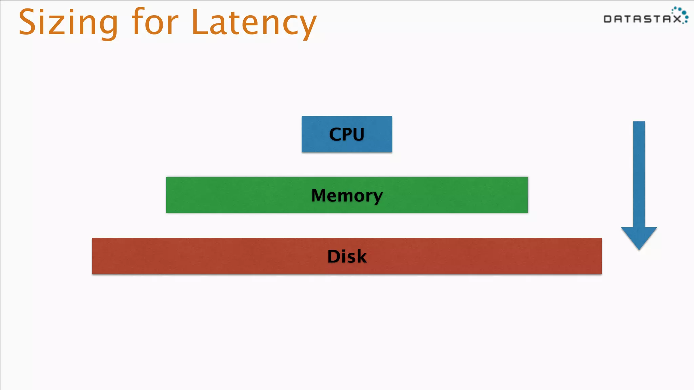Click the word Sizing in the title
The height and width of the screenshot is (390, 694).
click(68, 23)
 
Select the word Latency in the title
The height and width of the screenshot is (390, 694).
click(253, 23)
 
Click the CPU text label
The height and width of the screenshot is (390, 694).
click(347, 134)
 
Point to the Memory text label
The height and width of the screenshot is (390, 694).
click(347, 196)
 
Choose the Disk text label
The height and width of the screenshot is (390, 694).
click(347, 256)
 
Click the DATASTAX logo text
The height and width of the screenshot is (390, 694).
click(640, 19)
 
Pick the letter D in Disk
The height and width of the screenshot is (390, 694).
click(334, 256)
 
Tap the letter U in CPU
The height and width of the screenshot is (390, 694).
click(358, 134)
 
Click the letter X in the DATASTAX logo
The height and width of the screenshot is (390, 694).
click(677, 19)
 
